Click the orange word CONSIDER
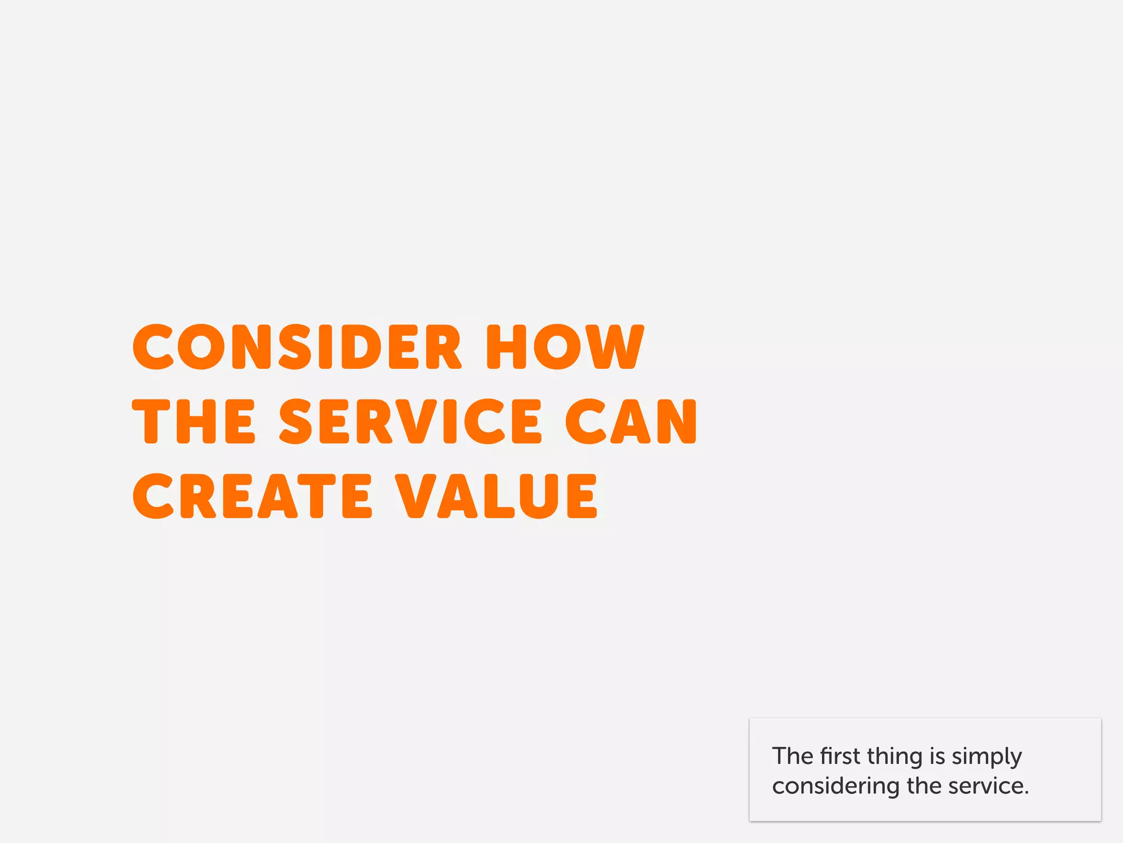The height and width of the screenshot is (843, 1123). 297,347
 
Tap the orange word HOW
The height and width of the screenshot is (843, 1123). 565,347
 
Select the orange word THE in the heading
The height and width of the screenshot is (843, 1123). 194,421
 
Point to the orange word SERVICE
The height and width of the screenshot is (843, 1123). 411,421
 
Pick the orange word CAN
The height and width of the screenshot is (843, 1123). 631,421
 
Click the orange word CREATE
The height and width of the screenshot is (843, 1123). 252,496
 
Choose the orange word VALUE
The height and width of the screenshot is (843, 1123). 496,496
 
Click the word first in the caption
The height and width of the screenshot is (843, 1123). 840,756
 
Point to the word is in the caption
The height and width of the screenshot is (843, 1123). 938,756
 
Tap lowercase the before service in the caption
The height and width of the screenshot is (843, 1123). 925,786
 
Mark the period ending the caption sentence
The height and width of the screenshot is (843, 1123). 1026,793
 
